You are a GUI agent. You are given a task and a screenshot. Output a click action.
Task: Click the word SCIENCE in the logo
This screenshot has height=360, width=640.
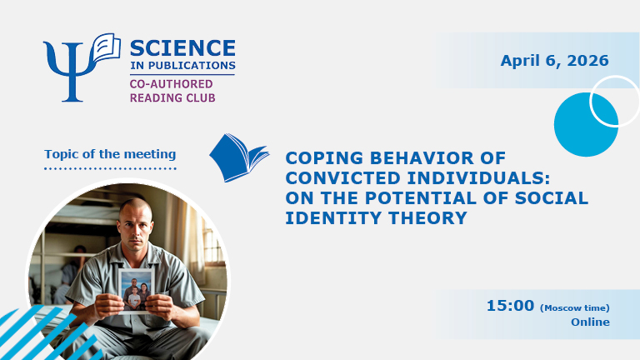click(x=182, y=48)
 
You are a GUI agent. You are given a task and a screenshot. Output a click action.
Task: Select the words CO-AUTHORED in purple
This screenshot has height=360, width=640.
click(x=171, y=83)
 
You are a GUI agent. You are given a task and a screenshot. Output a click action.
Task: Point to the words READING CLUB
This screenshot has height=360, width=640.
click(x=171, y=97)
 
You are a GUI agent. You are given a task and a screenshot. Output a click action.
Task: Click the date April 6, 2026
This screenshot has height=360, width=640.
click(x=554, y=60)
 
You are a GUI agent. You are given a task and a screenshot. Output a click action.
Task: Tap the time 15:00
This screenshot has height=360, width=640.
click(x=510, y=306)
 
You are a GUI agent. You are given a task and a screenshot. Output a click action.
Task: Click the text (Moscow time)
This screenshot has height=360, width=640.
click(x=575, y=307)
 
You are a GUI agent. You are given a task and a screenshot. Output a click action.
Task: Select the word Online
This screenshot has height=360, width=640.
click(x=590, y=322)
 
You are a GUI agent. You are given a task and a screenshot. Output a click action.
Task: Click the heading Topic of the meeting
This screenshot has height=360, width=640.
click(x=110, y=154)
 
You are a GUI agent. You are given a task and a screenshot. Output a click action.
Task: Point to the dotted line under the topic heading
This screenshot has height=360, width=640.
click(x=110, y=168)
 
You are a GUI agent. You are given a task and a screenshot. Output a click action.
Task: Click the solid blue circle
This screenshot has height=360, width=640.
click(x=585, y=125)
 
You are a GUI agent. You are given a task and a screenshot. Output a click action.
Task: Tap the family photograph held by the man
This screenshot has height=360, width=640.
click(x=135, y=290)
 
